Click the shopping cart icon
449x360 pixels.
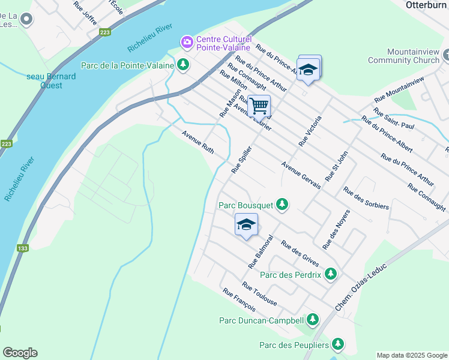click(x=259, y=106)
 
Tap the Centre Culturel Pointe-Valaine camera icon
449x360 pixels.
click(x=187, y=41)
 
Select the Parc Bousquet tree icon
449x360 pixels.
click(x=282, y=205)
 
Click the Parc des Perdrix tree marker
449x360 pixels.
click(x=330, y=274)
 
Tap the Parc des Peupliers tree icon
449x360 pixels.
click(x=339, y=344)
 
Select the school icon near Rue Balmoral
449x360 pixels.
click(x=246, y=225)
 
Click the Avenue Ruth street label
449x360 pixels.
click(x=198, y=142)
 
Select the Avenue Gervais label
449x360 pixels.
click(x=301, y=175)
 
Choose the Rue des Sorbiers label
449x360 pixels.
click(x=366, y=199)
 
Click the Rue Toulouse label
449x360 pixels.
click(x=259, y=293)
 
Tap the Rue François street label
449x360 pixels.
click(x=239, y=300)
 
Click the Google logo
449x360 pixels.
click(x=20, y=353)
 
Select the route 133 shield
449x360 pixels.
click(x=23, y=248)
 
